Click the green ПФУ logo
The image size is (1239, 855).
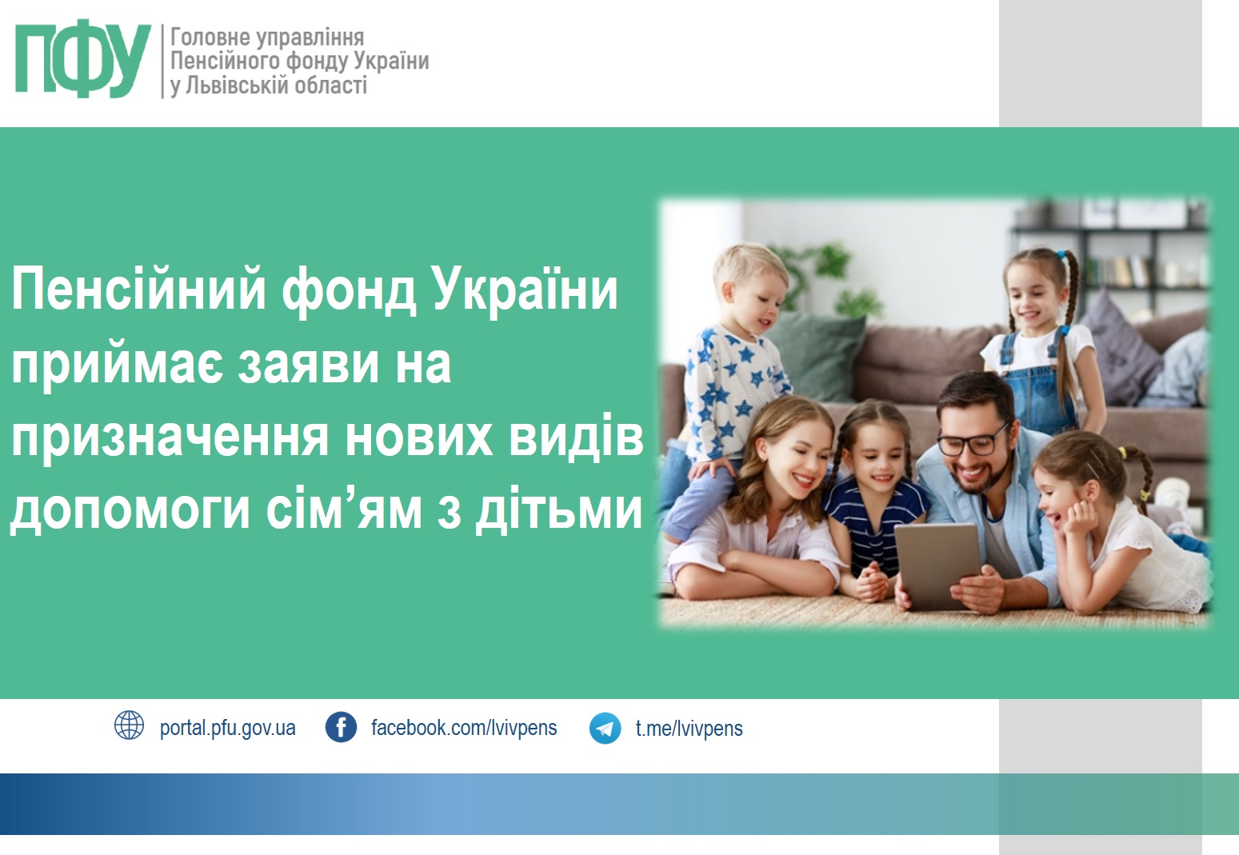click(x=83, y=58)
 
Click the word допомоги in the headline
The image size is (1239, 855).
click(x=130, y=512)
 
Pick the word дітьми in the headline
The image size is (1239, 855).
click(x=558, y=510)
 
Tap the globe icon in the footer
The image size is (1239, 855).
click(x=129, y=725)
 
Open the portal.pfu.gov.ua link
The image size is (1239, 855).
click(x=227, y=728)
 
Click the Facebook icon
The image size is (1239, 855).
click(x=341, y=727)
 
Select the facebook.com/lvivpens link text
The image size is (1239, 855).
click(x=463, y=728)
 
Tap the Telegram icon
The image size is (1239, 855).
click(x=605, y=728)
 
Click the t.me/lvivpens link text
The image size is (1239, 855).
click(x=689, y=729)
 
